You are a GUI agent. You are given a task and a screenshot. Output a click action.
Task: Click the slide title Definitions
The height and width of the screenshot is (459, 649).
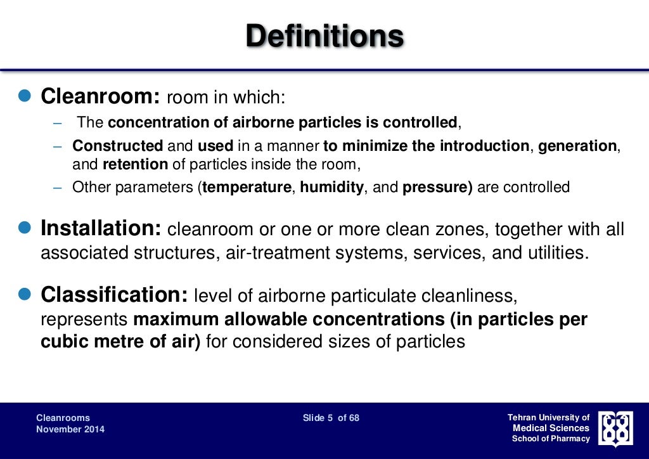(x=324, y=36)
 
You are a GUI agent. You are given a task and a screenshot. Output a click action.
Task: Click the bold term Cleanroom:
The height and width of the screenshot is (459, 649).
(x=100, y=97)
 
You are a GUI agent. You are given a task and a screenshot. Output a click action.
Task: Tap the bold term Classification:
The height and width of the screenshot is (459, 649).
(x=114, y=295)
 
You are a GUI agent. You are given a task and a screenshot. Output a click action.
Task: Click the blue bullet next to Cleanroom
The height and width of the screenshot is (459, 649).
(x=24, y=96)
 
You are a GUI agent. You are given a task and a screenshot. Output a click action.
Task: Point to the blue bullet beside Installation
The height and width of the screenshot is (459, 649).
(x=24, y=228)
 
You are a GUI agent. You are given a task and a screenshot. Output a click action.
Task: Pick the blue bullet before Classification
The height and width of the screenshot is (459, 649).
(x=24, y=294)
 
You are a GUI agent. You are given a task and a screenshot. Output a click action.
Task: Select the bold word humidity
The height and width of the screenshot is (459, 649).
(x=332, y=188)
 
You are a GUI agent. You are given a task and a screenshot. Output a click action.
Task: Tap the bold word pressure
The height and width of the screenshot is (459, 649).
(x=437, y=188)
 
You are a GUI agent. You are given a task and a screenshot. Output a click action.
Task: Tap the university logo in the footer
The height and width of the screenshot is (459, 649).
(x=615, y=429)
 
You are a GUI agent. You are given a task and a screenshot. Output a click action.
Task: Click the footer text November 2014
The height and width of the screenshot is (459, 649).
(x=70, y=429)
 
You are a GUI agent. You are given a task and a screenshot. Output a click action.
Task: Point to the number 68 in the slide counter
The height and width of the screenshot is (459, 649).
(x=354, y=418)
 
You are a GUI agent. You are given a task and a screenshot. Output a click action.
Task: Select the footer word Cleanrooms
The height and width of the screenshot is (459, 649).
(x=63, y=418)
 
